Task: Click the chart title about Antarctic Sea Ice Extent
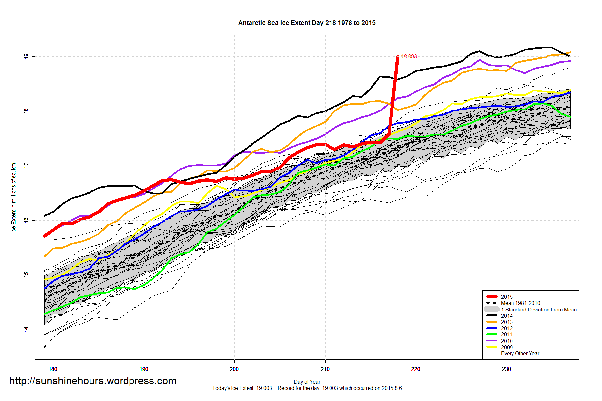click(307, 23)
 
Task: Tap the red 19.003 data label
click(409, 56)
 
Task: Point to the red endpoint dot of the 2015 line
click(398, 57)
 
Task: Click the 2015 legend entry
click(507, 297)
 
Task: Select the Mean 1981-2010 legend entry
click(520, 303)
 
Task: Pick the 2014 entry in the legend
click(507, 316)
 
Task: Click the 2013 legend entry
click(507, 322)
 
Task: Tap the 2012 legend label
click(507, 328)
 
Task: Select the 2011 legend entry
click(507, 334)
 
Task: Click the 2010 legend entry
click(507, 341)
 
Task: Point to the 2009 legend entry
click(507, 347)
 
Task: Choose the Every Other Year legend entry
click(520, 353)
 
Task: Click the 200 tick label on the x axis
click(234, 369)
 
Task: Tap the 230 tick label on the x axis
click(506, 369)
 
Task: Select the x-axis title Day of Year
click(307, 382)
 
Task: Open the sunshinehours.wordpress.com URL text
click(93, 381)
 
